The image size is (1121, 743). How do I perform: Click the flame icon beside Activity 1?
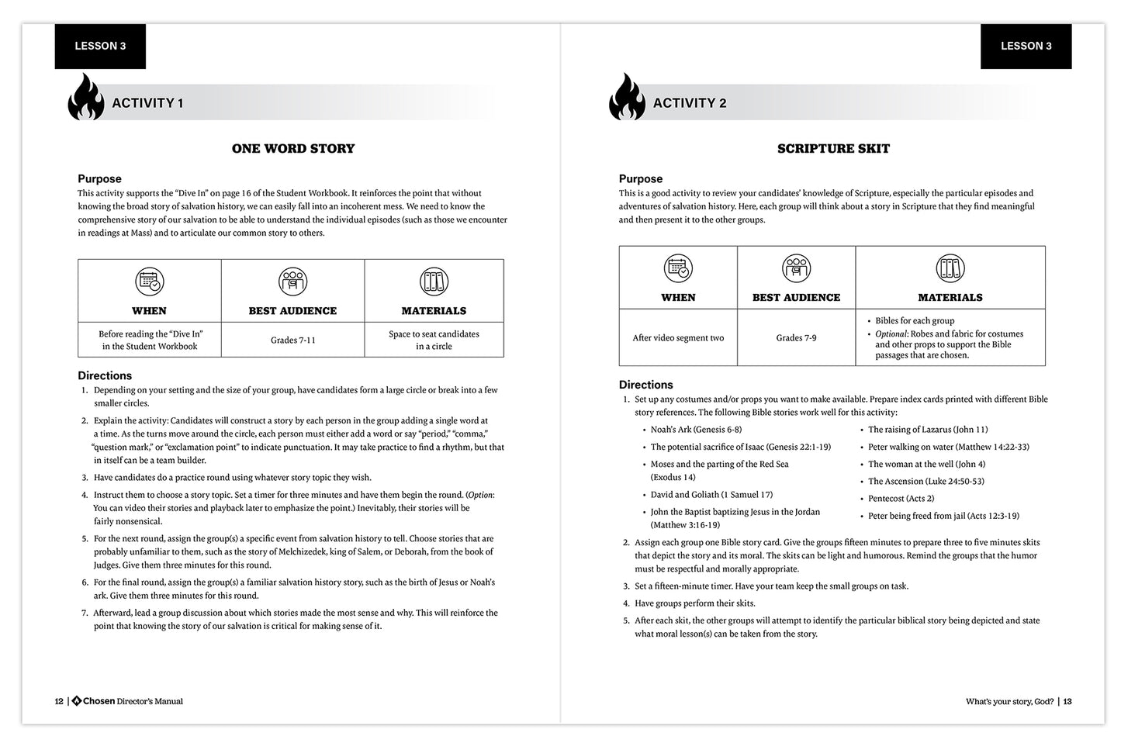coord(86,98)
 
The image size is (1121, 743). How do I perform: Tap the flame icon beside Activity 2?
coord(627,98)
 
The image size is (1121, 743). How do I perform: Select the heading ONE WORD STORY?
coord(293,148)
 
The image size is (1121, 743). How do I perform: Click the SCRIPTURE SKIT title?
coord(833,148)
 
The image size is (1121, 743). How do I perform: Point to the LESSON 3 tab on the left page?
coord(100,46)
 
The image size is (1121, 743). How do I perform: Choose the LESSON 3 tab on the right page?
coord(1026,46)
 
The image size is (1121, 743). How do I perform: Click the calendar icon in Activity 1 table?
coord(149,282)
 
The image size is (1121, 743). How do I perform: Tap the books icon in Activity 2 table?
coord(950,268)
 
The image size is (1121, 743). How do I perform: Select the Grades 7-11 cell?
coord(292,340)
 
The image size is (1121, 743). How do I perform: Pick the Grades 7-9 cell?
coord(796,337)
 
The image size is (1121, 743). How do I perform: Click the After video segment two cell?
coord(678,337)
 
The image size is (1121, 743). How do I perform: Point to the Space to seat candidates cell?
coord(434,340)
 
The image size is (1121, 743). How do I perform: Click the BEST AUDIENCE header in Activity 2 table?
coord(796,297)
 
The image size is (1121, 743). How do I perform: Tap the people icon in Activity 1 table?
coord(292,282)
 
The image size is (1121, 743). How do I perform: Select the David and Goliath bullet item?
coord(711,494)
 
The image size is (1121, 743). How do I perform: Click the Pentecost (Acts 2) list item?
coord(901,498)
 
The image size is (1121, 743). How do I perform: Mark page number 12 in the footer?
coord(59,701)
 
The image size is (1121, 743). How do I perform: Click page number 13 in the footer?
coord(1067,701)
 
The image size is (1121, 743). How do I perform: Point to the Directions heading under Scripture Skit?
coord(646,385)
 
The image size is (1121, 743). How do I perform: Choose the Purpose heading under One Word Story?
coord(99,178)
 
